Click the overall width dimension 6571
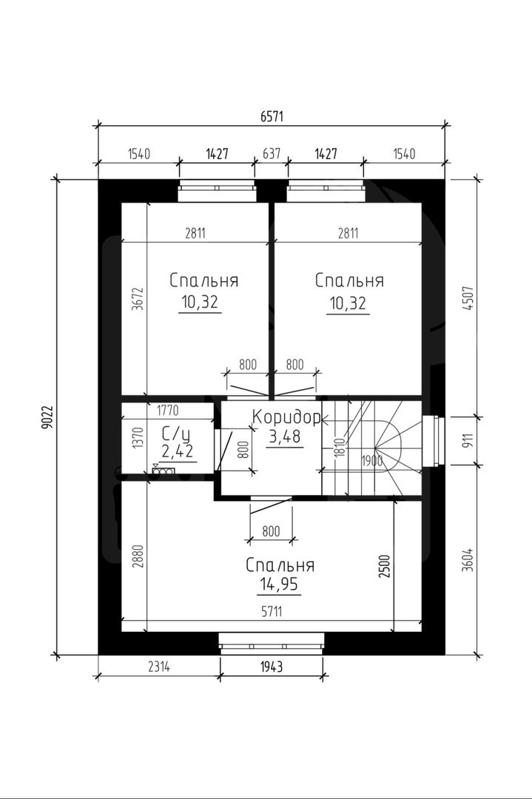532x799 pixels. pos(272,117)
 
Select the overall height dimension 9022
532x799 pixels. pos(47,417)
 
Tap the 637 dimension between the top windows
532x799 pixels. pos(272,153)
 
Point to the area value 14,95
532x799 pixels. pos(279,584)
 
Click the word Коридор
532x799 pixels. pos(286,418)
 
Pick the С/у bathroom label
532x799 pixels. pos(176,434)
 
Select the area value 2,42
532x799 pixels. pos(177,451)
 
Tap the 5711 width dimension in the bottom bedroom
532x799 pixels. pos(272,612)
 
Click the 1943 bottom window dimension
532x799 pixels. pos(272,667)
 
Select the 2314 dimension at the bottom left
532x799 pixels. pos(159,667)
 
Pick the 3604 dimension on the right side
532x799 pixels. pos(468,559)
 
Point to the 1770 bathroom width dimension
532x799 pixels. pos(168,410)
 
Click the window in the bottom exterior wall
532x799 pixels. pos(272,643)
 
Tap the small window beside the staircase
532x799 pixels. pos(433,441)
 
